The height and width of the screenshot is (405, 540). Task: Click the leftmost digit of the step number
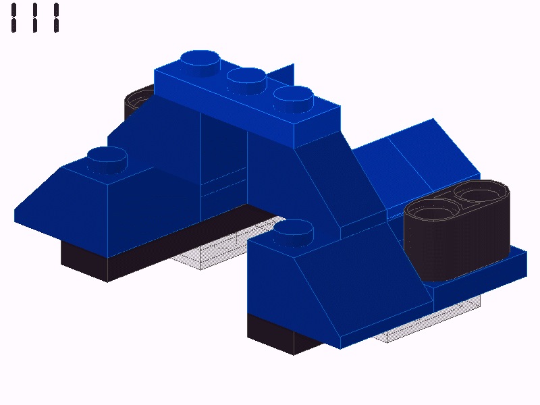pos(13,18)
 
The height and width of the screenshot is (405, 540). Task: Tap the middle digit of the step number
pos(35,18)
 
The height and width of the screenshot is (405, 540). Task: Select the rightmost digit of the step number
pos(57,18)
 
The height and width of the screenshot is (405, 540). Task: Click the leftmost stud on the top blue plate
pos(200,63)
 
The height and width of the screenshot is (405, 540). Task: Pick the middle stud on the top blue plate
pos(246,81)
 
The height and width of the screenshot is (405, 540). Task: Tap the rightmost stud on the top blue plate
pos(294,99)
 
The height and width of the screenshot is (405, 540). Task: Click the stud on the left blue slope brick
pos(107,160)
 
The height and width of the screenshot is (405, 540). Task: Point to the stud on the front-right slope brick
pos(294,233)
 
